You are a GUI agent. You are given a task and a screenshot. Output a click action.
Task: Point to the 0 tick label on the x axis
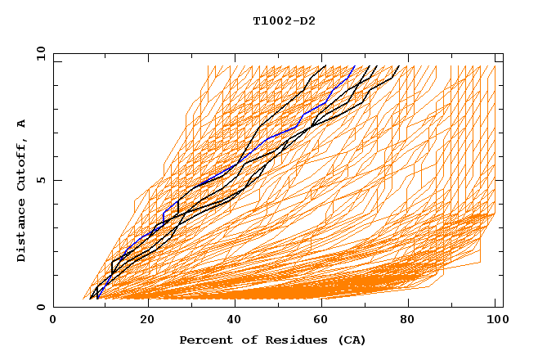[x=54, y=322]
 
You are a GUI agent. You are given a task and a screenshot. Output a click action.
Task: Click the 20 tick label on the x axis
[x=147, y=322]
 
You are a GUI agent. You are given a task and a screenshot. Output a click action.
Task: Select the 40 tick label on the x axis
[x=235, y=322]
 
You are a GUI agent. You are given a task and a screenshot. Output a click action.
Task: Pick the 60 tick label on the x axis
[x=324, y=322]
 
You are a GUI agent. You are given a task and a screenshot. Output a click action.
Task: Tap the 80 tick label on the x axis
[x=412, y=322]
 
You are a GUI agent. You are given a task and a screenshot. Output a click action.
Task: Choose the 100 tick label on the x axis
[x=496, y=322]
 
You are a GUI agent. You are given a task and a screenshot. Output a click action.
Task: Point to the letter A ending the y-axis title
[x=22, y=124]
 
